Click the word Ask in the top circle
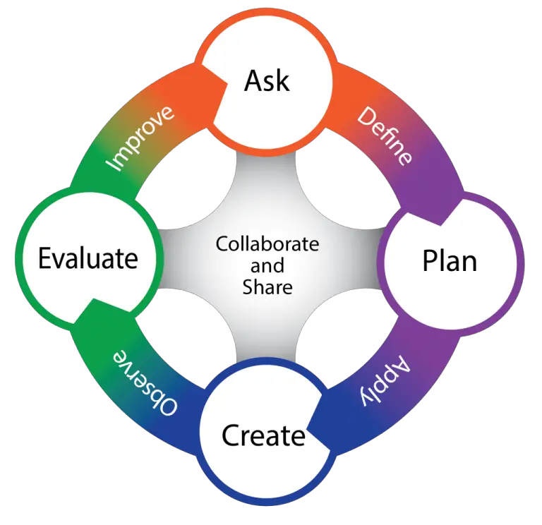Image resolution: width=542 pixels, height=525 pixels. click(x=267, y=80)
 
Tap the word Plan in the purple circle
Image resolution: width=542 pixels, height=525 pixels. click(x=450, y=260)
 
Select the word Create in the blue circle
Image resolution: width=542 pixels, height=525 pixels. click(x=263, y=435)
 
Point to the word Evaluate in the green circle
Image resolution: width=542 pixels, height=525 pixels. click(x=88, y=258)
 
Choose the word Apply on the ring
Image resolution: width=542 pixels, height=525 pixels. click(x=384, y=382)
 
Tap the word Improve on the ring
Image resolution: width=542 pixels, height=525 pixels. click(x=140, y=138)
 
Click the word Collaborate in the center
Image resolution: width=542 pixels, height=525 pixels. click(x=267, y=245)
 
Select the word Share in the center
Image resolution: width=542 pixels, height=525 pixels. click(x=267, y=287)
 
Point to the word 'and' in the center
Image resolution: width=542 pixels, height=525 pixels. click(x=267, y=266)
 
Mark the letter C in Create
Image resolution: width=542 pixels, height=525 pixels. click(x=231, y=435)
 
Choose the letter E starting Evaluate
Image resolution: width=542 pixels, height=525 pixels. click(x=44, y=258)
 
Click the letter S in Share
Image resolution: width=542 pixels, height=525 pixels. click(x=248, y=287)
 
